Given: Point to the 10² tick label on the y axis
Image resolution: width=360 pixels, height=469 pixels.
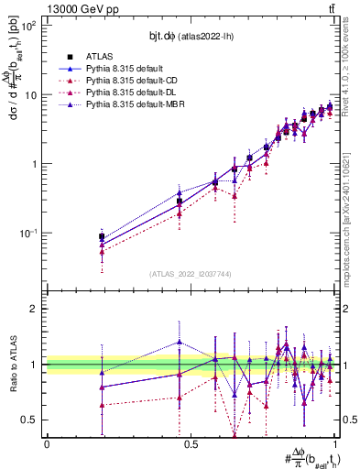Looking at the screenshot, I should (27, 26).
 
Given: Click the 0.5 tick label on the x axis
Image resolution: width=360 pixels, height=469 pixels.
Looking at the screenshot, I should (191, 444).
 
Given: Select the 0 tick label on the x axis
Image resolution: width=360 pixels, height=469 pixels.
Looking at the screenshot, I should (47, 444).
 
